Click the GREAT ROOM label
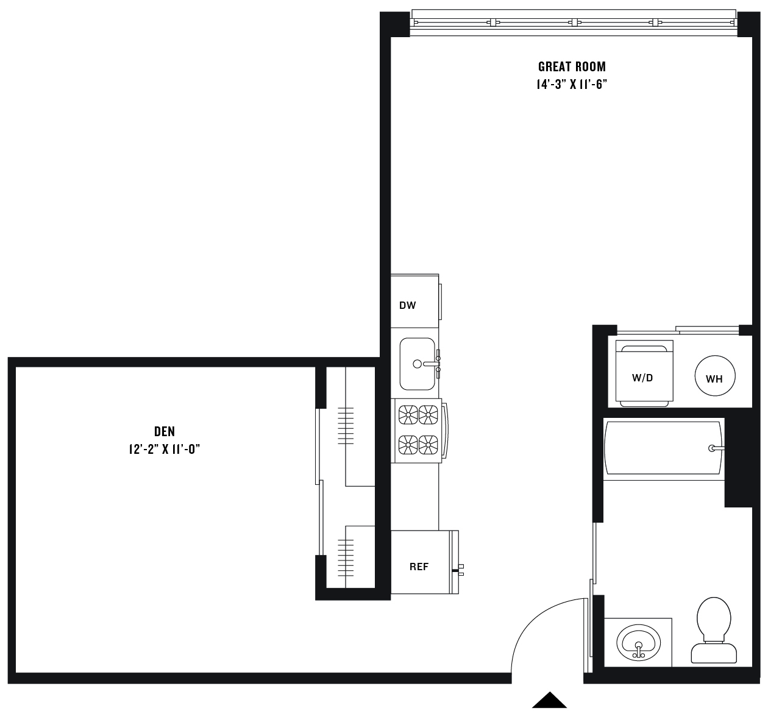click(572, 66)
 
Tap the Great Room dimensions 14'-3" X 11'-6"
click(572, 84)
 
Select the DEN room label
click(165, 431)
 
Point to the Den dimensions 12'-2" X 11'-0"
click(165, 449)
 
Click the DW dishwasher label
click(407, 305)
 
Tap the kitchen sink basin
click(418, 364)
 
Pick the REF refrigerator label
click(419, 567)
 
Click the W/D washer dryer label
click(642, 378)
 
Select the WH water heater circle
click(714, 376)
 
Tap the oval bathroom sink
click(638, 643)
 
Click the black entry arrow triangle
click(549, 700)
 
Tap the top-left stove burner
click(408, 415)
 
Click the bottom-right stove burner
click(428, 445)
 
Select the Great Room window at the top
click(574, 23)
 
